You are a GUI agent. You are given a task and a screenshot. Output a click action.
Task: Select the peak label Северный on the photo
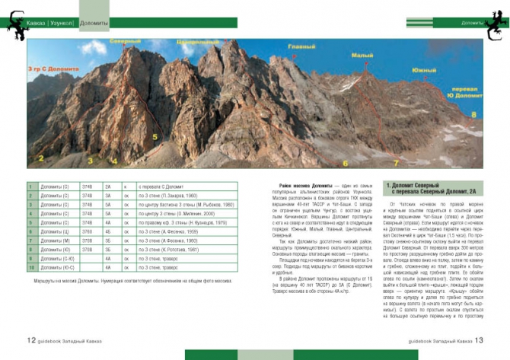124,41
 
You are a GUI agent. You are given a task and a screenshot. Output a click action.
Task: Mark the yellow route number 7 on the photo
397,163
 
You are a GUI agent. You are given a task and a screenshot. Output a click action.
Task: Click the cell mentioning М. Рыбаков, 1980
183,205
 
